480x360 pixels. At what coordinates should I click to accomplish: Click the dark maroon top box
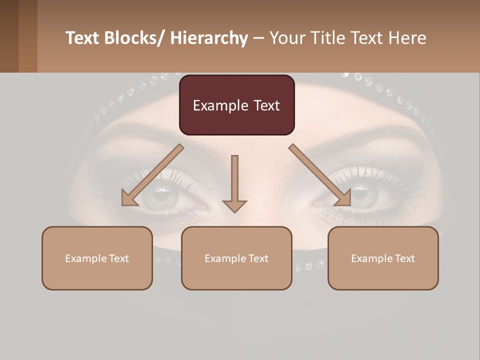pos(236,105)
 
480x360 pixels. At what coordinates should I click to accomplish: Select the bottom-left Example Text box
pos(97,258)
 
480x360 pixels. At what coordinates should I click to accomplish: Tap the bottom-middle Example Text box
pos(236,258)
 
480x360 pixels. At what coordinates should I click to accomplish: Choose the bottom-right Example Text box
pos(383,258)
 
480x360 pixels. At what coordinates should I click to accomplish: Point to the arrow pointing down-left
pos(152,175)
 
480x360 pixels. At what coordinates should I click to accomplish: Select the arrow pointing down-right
pos(320,175)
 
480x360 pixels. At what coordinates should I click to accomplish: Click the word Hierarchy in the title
pos(209,38)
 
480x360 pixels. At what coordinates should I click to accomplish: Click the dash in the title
pos(258,38)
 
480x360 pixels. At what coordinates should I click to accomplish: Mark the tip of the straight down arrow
pos(234,211)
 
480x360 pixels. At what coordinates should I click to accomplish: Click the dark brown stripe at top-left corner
pos(9,36)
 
